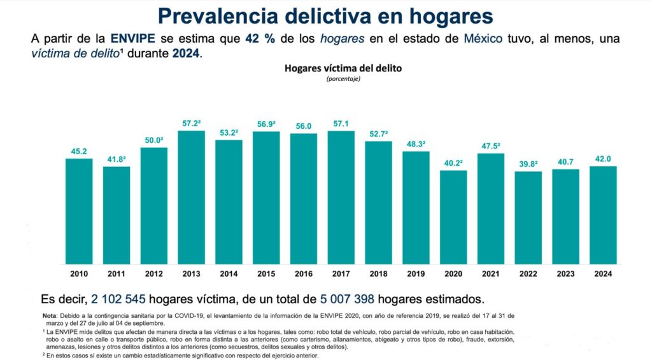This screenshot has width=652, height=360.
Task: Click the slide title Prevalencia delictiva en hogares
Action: pos(325,15)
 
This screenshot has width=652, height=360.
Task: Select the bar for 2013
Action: pos(191,197)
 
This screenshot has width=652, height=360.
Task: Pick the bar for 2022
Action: pos(528,217)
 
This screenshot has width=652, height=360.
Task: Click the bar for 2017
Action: pos(341,197)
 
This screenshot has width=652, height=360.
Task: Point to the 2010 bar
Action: pos(79,211)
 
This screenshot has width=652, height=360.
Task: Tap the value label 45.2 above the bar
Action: pos(79,152)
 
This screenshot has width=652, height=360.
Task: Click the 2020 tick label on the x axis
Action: pos(453,274)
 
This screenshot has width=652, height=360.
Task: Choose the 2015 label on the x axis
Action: pos(266,274)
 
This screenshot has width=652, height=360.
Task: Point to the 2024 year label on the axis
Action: pos(602,274)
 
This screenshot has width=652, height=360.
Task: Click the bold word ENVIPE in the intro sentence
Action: pos(131,39)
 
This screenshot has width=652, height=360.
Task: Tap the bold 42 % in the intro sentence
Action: pos(261,39)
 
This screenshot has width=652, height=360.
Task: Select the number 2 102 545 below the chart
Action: pos(126,299)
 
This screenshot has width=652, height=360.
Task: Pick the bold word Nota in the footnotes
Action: pos(49,316)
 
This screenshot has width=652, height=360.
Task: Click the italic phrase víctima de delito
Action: pos(76,54)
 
